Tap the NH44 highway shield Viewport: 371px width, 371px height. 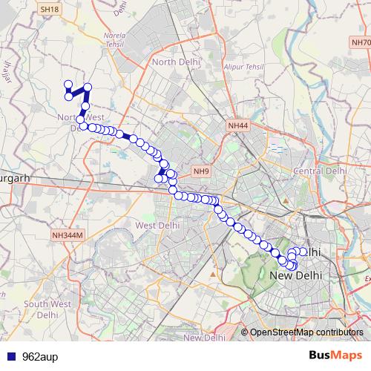coord(239,126)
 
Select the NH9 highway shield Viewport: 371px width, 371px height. coord(201,172)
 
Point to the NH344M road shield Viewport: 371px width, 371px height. coord(68,235)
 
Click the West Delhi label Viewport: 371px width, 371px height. coord(157,225)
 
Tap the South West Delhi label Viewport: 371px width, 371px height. coord(47,309)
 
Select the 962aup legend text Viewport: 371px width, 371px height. coord(37,355)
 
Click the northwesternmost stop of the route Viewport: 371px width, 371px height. coord(68,85)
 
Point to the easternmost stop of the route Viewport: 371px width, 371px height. coord(303,252)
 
